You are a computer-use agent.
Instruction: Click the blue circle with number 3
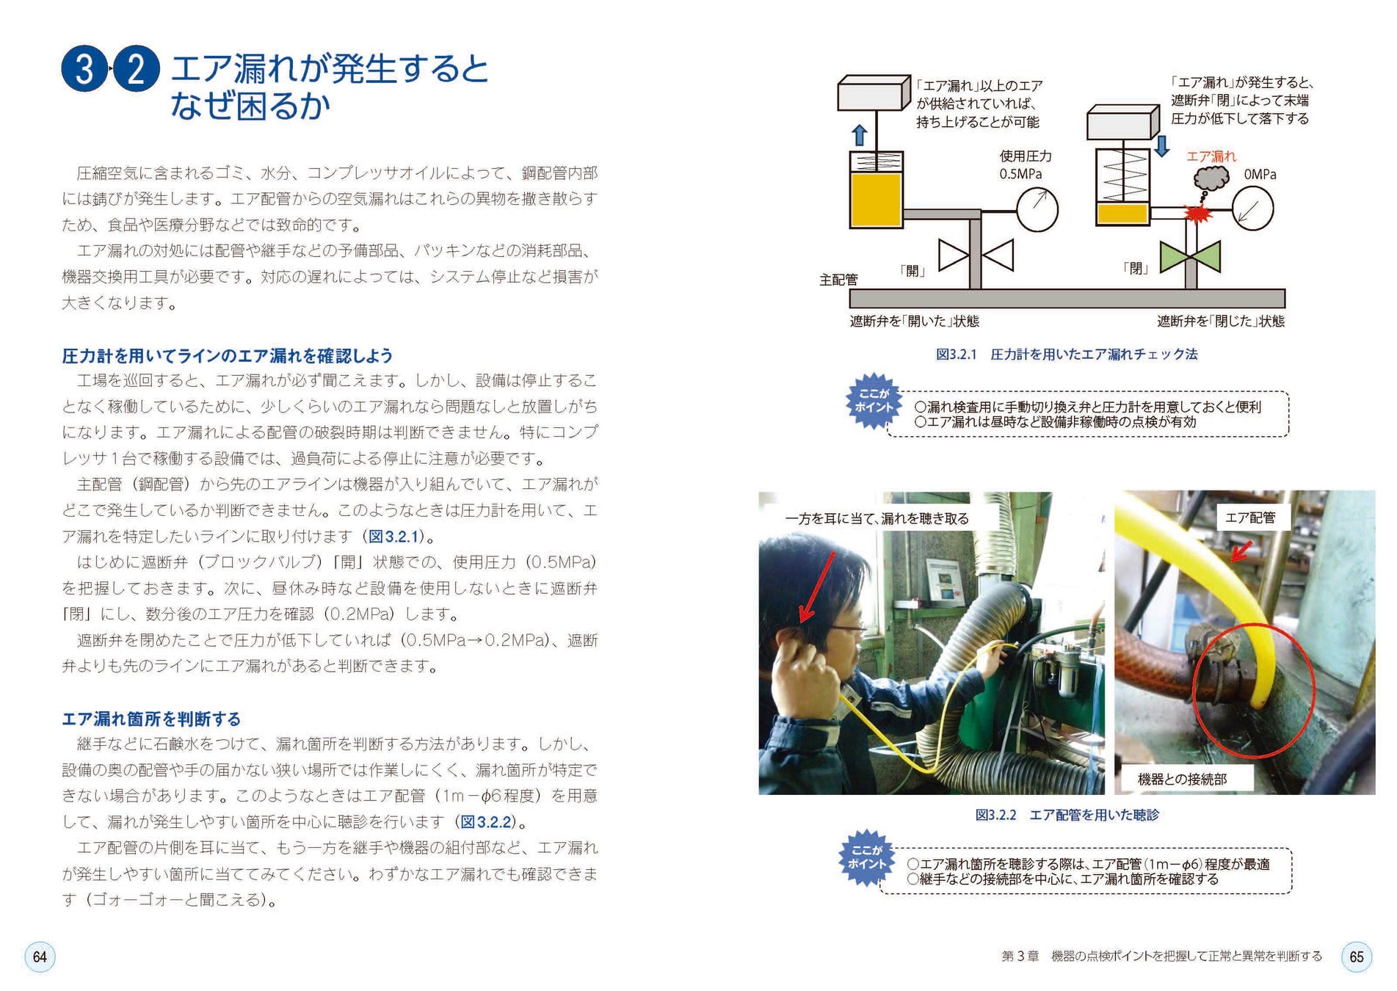[85, 69]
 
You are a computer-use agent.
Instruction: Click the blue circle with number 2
[136, 69]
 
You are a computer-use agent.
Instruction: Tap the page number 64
[40, 956]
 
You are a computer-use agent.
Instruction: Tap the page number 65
[1356, 956]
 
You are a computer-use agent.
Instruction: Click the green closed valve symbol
[1190, 256]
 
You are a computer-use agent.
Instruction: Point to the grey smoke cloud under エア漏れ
[1211, 178]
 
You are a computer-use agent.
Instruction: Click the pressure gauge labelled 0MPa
[1252, 208]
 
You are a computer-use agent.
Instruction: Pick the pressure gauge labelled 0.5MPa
[1037, 210]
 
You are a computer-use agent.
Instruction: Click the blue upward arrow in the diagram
[859, 135]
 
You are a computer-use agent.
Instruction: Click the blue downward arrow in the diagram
[1161, 145]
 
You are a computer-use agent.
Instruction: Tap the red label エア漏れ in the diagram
[1211, 156]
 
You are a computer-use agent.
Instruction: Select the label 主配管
[838, 280]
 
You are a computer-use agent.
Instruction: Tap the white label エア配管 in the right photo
[1250, 518]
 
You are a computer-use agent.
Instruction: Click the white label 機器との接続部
[1182, 780]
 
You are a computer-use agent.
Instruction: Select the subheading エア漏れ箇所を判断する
[151, 719]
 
